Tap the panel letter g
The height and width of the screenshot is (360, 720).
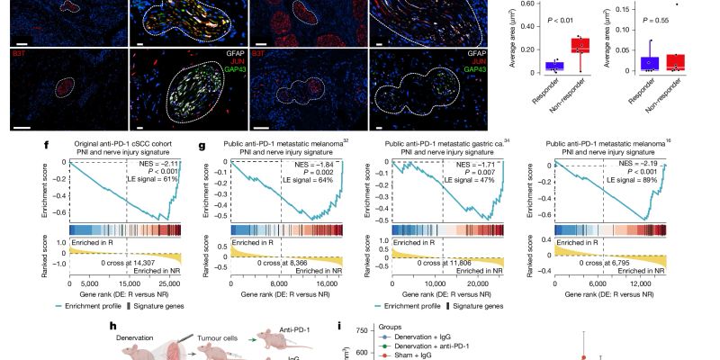pos(201,142)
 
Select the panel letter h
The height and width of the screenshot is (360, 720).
pos(112,328)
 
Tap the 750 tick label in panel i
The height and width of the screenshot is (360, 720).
pos(357,331)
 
